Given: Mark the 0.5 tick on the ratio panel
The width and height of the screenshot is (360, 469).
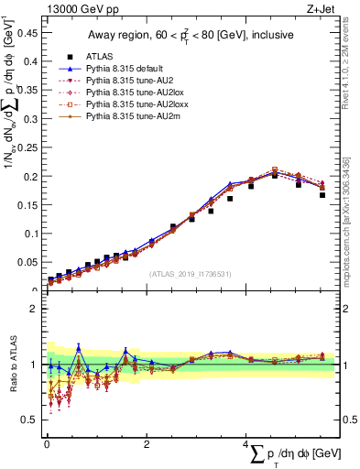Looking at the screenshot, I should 30,420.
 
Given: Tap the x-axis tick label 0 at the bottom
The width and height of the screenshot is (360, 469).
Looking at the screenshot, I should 47,444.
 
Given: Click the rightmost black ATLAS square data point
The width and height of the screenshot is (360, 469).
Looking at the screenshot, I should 322,194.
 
